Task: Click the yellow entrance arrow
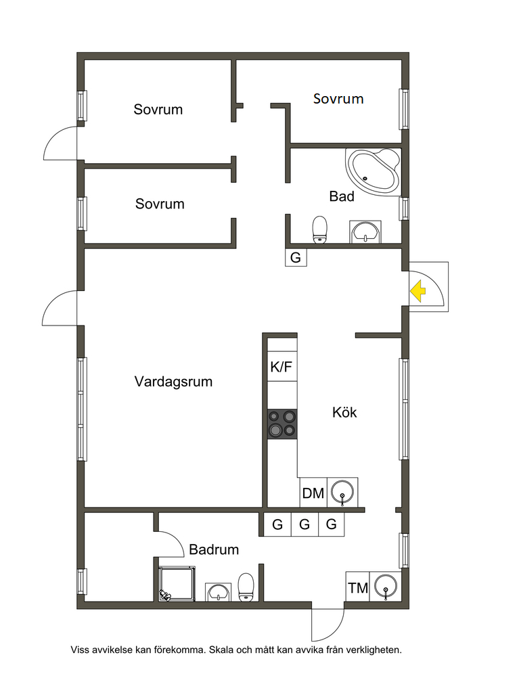[x=417, y=292]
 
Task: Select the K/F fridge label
[x=281, y=367]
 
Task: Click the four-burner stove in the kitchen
[x=282, y=424]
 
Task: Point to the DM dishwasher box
[x=313, y=493]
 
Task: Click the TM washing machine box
[x=358, y=588]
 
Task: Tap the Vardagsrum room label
[x=173, y=382]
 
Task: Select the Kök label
[x=344, y=412]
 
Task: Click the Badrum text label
[x=214, y=550]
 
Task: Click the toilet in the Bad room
[x=319, y=229]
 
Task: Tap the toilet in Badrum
[x=246, y=586]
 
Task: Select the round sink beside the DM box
[x=342, y=493]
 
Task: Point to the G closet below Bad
[x=296, y=257]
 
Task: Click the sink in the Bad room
[x=366, y=232]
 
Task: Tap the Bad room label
[x=342, y=196]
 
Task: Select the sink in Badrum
[x=218, y=592]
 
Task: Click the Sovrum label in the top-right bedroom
[x=338, y=99]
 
